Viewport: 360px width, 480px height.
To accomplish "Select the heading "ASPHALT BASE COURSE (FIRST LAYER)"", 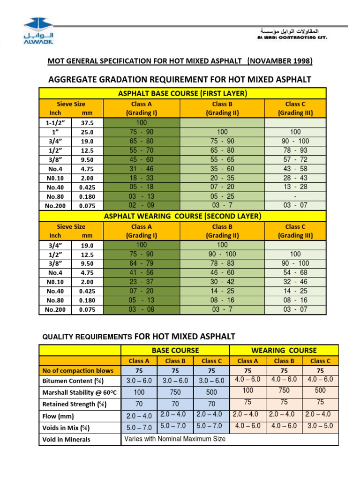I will pos(182,93).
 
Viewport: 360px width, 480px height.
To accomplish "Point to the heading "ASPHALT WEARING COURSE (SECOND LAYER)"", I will pos(182,216).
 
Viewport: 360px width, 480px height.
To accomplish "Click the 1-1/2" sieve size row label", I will pos(55,123).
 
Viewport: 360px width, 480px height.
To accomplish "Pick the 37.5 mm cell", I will pos(87,123).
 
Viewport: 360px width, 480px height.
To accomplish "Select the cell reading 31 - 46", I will pos(141,169).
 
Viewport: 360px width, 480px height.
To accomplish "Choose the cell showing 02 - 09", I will pos(141,205).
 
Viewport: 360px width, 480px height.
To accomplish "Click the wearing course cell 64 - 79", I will pos(141,263).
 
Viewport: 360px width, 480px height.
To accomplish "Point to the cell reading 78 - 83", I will pos(222,263).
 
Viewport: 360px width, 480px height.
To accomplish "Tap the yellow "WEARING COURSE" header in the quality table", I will pos(284,350).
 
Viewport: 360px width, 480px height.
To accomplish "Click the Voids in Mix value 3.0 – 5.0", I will pos(320,426).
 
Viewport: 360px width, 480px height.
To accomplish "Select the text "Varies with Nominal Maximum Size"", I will pos(174,439).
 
